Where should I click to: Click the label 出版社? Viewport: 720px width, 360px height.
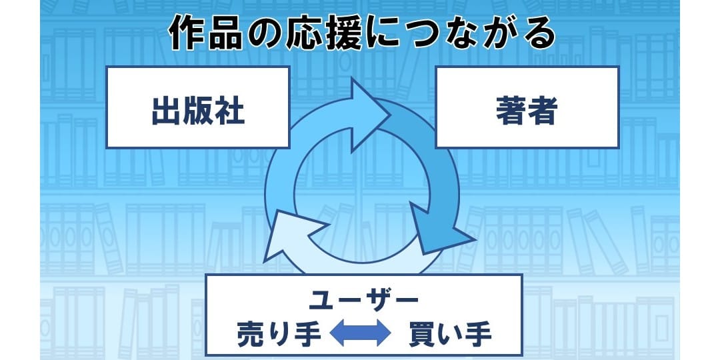pos(198,111)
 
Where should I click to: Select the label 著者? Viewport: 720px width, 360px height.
pos(527,111)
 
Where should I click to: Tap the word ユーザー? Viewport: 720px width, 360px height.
pos(364,301)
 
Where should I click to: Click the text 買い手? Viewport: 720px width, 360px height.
pos(450,334)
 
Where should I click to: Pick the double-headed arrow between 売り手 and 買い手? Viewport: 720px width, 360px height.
pos(361,333)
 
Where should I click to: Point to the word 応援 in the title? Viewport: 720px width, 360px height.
pos(324,33)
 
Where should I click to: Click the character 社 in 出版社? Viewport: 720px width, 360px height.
pos(229,111)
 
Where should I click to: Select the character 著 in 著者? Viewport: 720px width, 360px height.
pos(511,111)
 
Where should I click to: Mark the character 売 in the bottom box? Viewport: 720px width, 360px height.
pos(251,334)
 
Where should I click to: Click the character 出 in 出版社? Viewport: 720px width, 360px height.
pos(166,111)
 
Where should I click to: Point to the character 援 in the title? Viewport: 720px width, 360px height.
pos(343,33)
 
